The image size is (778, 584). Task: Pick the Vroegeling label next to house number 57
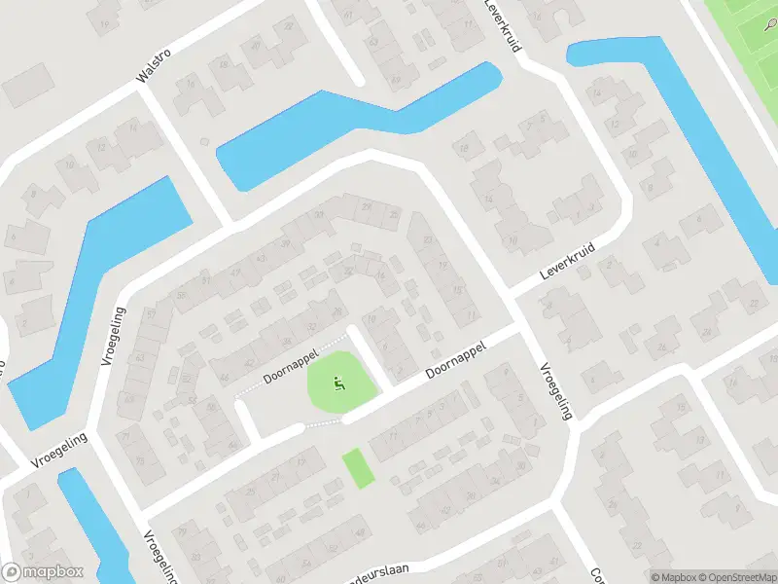[x=113, y=336]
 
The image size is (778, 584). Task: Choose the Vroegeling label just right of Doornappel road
[x=555, y=391]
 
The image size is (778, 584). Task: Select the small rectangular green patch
[x=358, y=468]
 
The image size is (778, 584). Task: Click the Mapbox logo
[x=42, y=572]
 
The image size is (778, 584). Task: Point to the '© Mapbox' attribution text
[x=671, y=576]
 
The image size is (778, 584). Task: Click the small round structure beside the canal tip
[x=204, y=141]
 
